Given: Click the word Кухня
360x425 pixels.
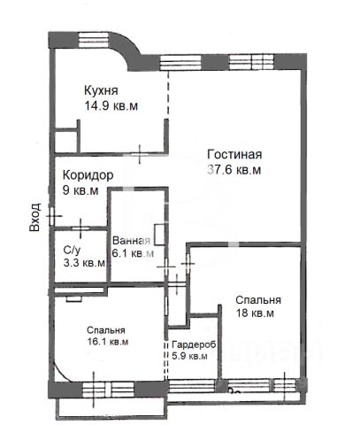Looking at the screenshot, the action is (x=101, y=90).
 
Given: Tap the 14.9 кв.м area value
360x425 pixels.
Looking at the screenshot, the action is (x=111, y=105).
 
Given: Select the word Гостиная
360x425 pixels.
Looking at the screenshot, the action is (x=234, y=155).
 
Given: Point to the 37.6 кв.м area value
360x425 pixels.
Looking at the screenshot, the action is (x=234, y=170).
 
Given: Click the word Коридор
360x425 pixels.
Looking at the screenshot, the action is (x=88, y=175).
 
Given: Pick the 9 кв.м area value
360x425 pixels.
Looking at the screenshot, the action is (x=80, y=190).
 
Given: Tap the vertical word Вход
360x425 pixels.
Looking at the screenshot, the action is (x=34, y=217).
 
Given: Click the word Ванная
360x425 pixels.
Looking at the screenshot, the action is (x=131, y=241).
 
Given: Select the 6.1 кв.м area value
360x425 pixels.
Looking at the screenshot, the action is (x=133, y=253).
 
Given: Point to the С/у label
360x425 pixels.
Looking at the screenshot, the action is (x=72, y=251).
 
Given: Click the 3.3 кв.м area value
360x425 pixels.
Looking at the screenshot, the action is (x=84, y=263).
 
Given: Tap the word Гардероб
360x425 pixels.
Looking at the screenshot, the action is (x=194, y=344).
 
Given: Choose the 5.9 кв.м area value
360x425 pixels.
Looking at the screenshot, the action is (x=189, y=356).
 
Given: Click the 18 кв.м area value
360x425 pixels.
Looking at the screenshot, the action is (x=255, y=313).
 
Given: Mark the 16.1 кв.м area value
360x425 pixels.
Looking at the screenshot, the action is (x=108, y=342).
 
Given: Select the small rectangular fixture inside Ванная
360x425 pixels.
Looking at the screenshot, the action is (x=159, y=235).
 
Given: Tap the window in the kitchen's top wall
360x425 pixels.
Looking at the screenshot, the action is (x=94, y=40).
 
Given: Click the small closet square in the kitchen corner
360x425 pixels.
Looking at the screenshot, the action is (x=66, y=140).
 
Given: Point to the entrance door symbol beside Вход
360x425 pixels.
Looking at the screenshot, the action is (x=52, y=216).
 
